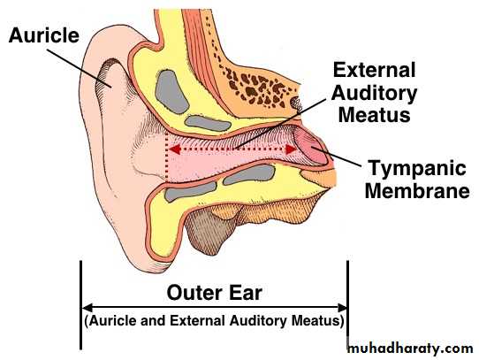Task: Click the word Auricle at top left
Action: coord(44,35)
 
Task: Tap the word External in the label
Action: coord(375,70)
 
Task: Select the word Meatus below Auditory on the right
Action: coord(375,115)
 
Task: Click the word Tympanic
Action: coord(417,169)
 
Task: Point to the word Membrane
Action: coord(417,191)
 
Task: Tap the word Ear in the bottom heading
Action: coord(246,293)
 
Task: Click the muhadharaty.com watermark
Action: coord(410,349)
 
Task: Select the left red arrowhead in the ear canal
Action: coord(174,149)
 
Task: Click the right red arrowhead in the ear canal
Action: coord(291,149)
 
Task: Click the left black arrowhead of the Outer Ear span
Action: coord(87,308)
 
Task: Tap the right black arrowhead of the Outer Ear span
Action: coord(341,308)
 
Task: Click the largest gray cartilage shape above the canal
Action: coord(171,92)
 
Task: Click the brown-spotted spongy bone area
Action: coord(260,88)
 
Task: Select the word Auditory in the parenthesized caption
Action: coord(258,321)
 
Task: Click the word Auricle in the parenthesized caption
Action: coord(113,321)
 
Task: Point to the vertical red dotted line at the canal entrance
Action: coord(166,156)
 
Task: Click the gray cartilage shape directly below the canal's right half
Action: coord(249,174)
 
